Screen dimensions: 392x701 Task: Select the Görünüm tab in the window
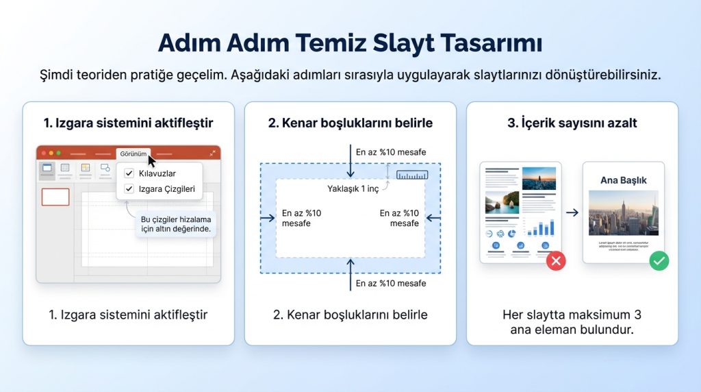click(x=133, y=154)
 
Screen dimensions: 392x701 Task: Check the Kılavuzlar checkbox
click(x=129, y=173)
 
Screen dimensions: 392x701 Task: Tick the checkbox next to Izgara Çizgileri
click(x=129, y=188)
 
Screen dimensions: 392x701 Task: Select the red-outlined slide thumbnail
click(x=55, y=197)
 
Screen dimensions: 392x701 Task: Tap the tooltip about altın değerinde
click(x=175, y=224)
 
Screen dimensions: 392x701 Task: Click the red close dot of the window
click(x=43, y=154)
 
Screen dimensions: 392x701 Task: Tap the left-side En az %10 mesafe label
click(x=301, y=218)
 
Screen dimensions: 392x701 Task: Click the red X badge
click(x=556, y=260)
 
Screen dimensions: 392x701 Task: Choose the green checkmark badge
click(x=659, y=260)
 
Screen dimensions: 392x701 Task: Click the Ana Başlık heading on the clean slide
click(x=623, y=180)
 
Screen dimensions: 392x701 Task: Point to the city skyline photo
click(x=623, y=213)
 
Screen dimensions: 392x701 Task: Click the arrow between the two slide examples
click(x=572, y=213)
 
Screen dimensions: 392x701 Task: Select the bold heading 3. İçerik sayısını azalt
click(x=572, y=123)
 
